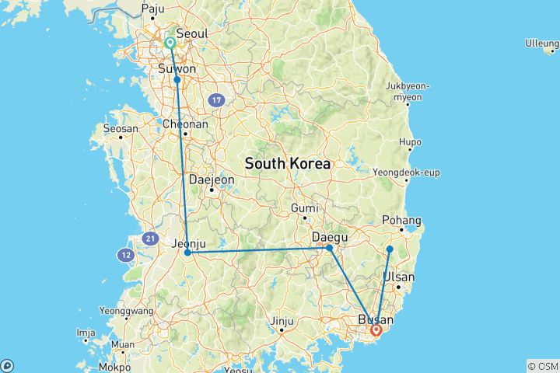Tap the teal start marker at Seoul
[x=170, y=43]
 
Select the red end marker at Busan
[x=376, y=330]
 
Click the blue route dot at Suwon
[x=177, y=79]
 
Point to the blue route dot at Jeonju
[x=187, y=253]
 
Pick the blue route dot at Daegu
[x=330, y=248]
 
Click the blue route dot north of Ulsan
[x=390, y=249]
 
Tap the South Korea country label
[x=287, y=164]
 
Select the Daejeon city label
[x=212, y=179]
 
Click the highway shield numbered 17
[x=217, y=100]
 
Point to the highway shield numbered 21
[x=150, y=238]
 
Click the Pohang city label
[x=403, y=221]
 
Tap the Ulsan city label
[x=398, y=277]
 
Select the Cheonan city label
[x=185, y=124]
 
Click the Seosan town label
[x=121, y=128]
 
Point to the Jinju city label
[x=281, y=320]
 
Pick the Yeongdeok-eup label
[x=407, y=172]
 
